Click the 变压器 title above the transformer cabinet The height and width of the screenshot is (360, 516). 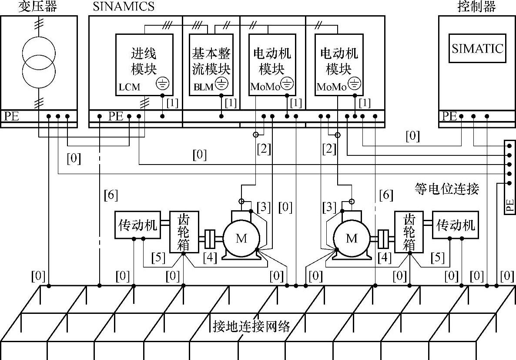click(x=37, y=6)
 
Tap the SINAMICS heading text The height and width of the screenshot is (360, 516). click(x=124, y=6)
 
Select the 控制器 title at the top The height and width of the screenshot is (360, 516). click(x=476, y=6)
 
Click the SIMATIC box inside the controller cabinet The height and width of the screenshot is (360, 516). click(x=478, y=48)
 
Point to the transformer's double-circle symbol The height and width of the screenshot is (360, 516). click(x=39, y=62)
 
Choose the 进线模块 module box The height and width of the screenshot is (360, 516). click(x=144, y=65)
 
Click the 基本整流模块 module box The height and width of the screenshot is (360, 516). click(x=211, y=65)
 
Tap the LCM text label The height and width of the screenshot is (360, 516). click(x=129, y=87)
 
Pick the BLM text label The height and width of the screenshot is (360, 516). click(x=203, y=87)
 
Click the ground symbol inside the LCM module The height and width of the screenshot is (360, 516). click(x=163, y=83)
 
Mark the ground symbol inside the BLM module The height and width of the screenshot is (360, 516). click(x=221, y=83)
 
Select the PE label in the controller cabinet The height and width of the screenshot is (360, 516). click(x=449, y=116)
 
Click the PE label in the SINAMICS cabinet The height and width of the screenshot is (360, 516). click(x=116, y=116)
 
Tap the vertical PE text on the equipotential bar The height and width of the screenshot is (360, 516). click(x=510, y=205)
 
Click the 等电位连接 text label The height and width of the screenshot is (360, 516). click(x=446, y=189)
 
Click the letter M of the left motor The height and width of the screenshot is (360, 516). click(x=241, y=238)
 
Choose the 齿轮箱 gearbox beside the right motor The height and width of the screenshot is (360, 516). click(x=409, y=232)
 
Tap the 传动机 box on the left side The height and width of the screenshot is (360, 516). click(x=137, y=225)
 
